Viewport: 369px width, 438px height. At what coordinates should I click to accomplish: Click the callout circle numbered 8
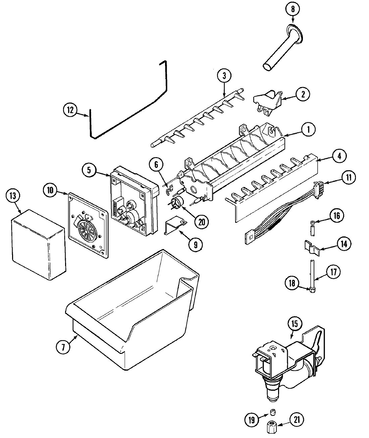tap(293, 9)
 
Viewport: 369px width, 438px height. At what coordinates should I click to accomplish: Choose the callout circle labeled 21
tap(296, 419)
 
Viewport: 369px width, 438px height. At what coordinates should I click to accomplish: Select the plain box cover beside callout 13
tap(38, 245)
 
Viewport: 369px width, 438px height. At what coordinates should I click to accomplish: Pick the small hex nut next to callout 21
tap(271, 427)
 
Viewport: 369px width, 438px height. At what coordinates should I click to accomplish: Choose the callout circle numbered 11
tap(349, 177)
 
